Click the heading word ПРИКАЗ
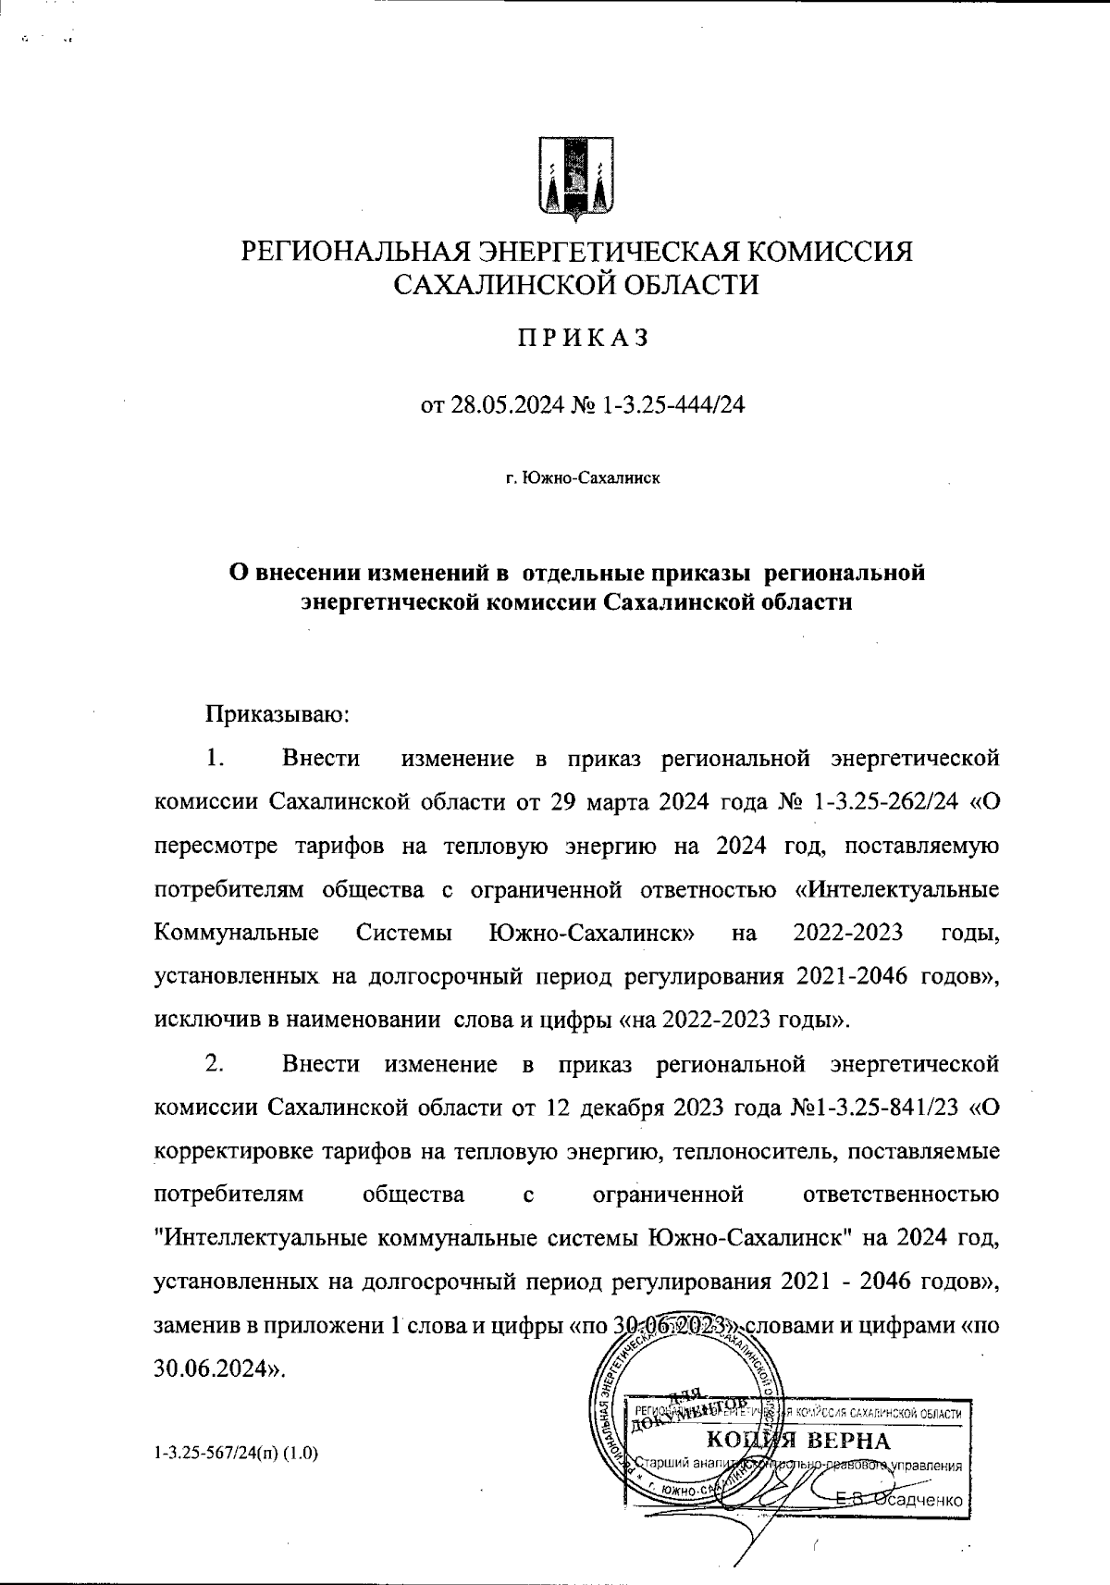[x=583, y=339]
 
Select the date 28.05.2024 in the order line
[x=506, y=405]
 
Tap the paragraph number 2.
[x=215, y=1064]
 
